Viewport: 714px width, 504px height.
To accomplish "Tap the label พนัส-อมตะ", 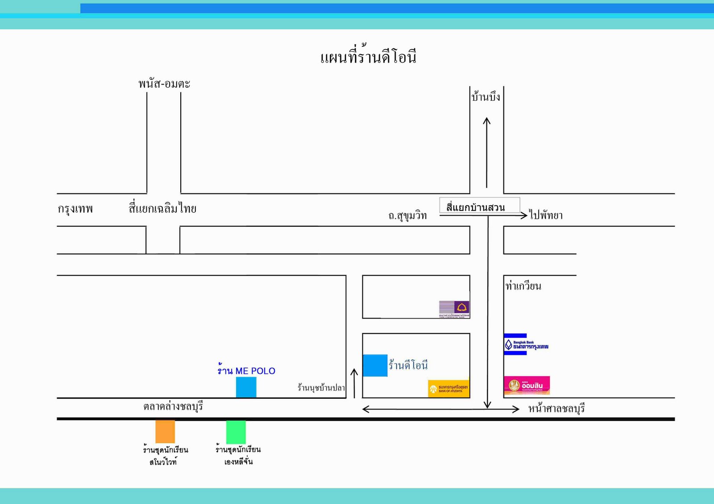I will (164, 83).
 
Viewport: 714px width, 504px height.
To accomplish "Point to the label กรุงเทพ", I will (75, 209).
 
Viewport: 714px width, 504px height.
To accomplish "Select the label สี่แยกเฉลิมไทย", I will (162, 208).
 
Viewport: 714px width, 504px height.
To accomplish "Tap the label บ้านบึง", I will (486, 97).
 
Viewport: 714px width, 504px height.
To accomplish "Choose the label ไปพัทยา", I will (546, 215).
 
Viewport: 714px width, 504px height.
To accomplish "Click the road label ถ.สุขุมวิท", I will (407, 216).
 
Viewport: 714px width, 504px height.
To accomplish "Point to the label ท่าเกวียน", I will (523, 286).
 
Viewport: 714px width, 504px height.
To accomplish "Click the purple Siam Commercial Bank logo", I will (454, 309).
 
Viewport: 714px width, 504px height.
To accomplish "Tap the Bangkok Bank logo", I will (526, 344).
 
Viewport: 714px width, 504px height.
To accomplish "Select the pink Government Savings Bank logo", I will (527, 385).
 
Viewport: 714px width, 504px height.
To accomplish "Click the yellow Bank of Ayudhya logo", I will (448, 388).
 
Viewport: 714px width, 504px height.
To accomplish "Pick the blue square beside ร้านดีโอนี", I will (375, 365).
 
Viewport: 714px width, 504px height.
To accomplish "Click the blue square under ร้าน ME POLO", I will (246, 387).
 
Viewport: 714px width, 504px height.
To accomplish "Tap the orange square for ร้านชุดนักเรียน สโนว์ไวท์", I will (165, 431).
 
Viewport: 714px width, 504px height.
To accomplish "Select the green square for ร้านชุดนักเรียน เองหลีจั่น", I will (236, 431).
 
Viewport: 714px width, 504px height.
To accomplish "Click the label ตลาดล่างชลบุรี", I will (173, 406).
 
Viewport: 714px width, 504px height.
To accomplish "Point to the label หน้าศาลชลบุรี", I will (556, 408).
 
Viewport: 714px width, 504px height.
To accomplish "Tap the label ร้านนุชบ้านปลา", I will (321, 388).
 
